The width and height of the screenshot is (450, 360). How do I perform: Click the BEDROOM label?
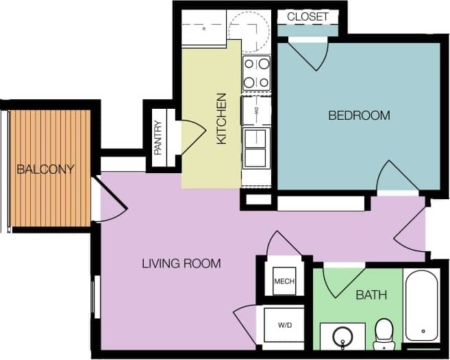pyautogui.click(x=359, y=115)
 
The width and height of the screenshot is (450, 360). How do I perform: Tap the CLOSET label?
pyautogui.click(x=308, y=16)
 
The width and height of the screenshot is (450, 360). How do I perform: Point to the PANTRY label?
pyautogui.click(x=158, y=138)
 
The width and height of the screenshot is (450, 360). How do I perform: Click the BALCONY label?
pyautogui.click(x=46, y=168)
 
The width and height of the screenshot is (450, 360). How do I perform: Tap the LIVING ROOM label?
pyautogui.click(x=181, y=263)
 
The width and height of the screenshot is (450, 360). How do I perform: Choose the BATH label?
pyautogui.click(x=371, y=295)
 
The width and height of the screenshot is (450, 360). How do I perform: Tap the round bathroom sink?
pyautogui.click(x=342, y=337)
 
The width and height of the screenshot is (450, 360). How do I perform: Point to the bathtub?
pyautogui.click(x=420, y=305)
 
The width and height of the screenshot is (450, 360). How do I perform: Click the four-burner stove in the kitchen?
pyautogui.click(x=257, y=73)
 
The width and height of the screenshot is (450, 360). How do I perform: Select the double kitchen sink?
pyautogui.click(x=256, y=147)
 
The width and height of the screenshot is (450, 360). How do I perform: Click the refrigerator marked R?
pyautogui.click(x=204, y=29)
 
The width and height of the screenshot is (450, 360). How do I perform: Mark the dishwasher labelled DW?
pyautogui.click(x=256, y=110)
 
